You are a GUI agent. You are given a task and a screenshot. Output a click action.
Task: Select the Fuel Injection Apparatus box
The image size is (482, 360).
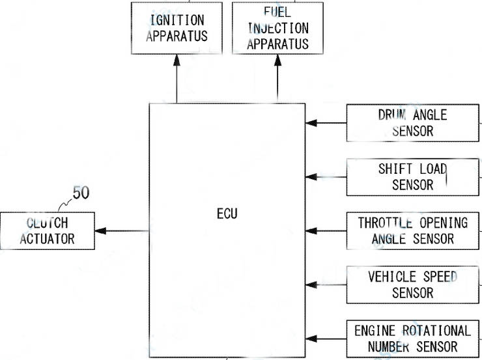[277, 28]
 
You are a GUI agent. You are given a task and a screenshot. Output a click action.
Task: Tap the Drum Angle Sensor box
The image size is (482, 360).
[413, 122]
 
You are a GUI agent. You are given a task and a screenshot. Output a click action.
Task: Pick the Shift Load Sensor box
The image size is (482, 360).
[413, 176]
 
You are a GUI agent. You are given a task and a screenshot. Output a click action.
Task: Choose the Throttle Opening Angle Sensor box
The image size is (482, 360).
[413, 230]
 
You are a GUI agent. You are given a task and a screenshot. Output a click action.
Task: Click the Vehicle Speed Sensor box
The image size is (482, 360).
[413, 284]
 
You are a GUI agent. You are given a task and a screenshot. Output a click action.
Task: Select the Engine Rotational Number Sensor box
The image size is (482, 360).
[413, 339]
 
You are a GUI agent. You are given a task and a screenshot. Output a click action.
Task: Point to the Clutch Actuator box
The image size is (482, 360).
[47, 230]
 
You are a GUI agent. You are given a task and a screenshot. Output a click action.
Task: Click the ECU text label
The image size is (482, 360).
[227, 214]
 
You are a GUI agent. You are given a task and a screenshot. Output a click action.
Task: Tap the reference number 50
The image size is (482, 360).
[81, 193]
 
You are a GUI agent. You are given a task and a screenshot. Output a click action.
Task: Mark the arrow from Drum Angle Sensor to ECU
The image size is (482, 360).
[326, 122]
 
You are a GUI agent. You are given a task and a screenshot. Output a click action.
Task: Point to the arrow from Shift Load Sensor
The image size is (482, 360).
[326, 176]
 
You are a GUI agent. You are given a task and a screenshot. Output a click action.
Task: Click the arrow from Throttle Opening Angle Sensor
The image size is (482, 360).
[326, 230]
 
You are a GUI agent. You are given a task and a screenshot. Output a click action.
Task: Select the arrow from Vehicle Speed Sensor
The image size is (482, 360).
[326, 284]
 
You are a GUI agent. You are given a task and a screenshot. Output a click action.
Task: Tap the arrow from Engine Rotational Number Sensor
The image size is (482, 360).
[326, 339]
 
